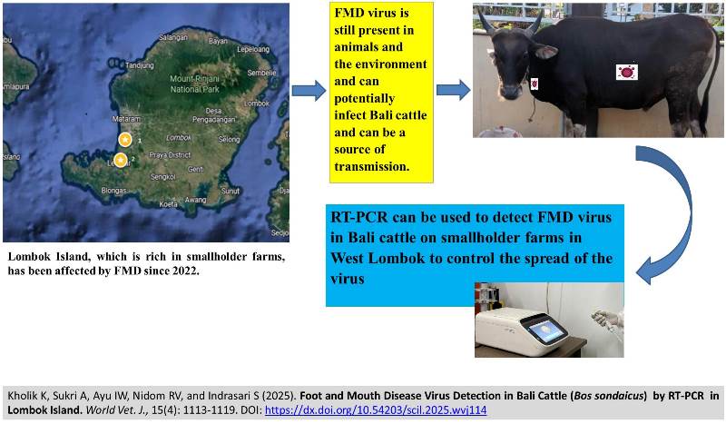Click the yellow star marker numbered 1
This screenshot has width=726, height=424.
125,139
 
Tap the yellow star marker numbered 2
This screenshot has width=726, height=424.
120,160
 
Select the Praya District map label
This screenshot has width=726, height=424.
172,156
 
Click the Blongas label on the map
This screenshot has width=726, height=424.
114,191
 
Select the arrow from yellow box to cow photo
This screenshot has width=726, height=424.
453,90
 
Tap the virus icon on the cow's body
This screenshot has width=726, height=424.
625,72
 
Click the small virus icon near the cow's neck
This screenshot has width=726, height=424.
535,84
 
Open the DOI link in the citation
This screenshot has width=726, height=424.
388,409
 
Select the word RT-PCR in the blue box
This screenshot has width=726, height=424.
361,216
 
